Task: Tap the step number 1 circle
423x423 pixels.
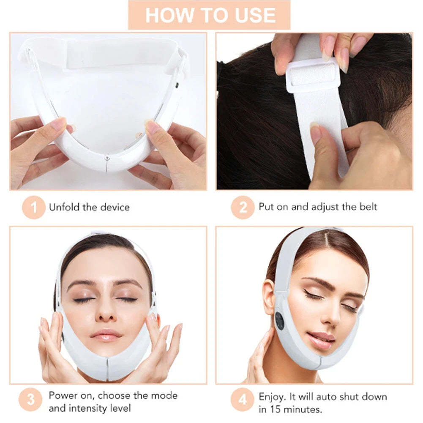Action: (x=33, y=207)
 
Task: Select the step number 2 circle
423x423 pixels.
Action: (x=242, y=207)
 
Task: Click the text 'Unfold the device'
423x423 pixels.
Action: (x=89, y=207)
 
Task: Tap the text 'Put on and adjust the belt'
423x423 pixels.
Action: (x=318, y=207)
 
